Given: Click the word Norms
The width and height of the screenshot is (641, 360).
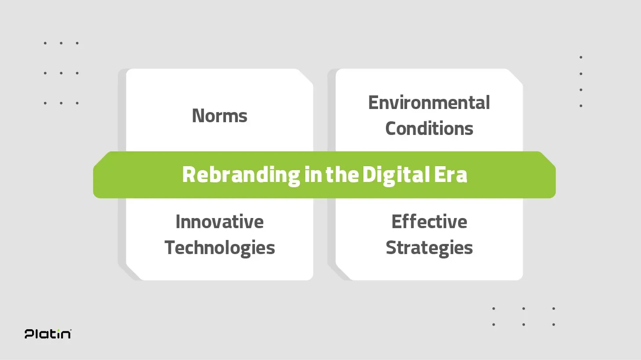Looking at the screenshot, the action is pyautogui.click(x=219, y=116).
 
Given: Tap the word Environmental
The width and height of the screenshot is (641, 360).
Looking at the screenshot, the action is pyautogui.click(x=429, y=103).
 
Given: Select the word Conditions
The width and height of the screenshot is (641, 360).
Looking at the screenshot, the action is pyautogui.click(x=429, y=128).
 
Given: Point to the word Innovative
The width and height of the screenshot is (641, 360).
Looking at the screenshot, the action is pyautogui.click(x=219, y=222).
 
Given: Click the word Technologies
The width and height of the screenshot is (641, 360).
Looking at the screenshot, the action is pyautogui.click(x=219, y=248).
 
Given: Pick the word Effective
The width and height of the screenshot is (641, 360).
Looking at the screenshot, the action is pyautogui.click(x=429, y=222).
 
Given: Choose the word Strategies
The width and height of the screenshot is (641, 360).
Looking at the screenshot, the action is pyautogui.click(x=429, y=248).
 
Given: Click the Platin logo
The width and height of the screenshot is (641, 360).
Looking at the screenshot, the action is pyautogui.click(x=48, y=334).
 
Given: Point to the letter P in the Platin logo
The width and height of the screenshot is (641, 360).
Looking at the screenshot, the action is pyautogui.click(x=29, y=334).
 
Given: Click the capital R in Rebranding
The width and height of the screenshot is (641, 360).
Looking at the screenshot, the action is pyautogui.click(x=189, y=175).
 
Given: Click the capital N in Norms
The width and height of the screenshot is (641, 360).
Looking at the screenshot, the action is pyautogui.click(x=198, y=116).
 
